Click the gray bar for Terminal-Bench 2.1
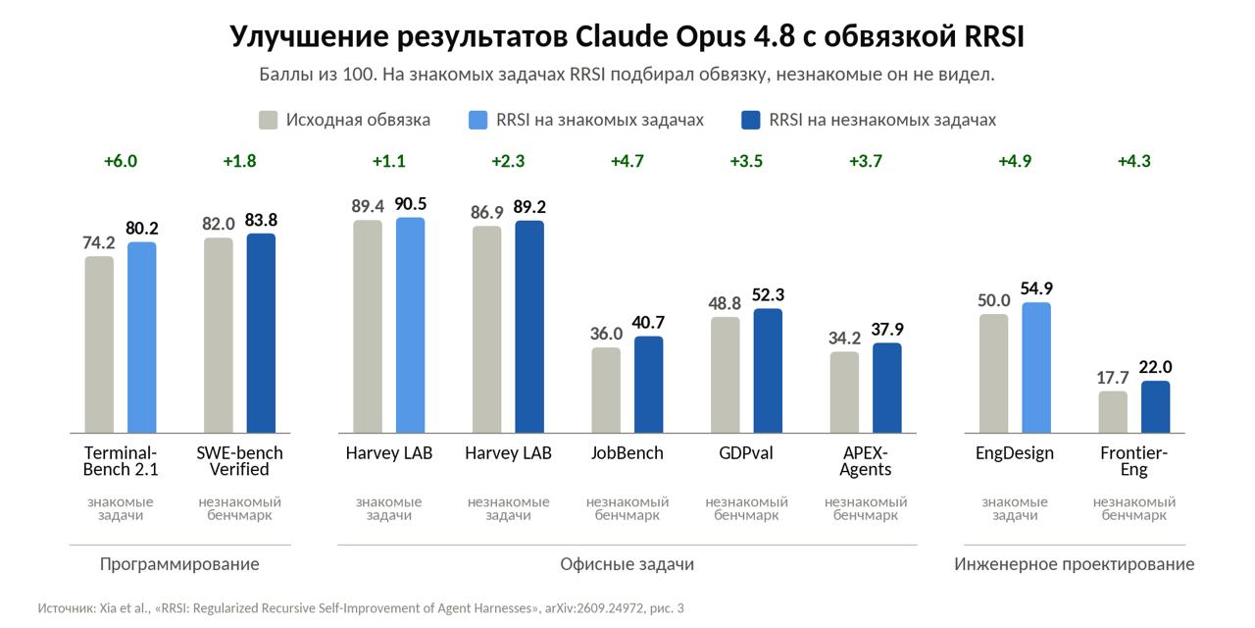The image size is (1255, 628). point(99,344)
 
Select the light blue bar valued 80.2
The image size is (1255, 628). point(142,338)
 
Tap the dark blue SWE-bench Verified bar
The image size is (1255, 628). point(261,333)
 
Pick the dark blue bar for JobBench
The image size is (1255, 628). point(649,385)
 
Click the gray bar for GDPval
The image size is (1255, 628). point(726,375)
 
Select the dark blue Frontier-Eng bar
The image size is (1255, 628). point(1156,407)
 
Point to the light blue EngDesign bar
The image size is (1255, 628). point(1036,368)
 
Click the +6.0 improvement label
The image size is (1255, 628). point(121,162)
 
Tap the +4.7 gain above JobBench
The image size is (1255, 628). point(627,162)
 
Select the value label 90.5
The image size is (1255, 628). point(411,204)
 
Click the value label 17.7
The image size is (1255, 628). point(1113,378)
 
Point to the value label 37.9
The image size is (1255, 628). point(887,329)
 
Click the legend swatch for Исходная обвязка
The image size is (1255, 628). point(269,120)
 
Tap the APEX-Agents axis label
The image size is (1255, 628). point(866,461)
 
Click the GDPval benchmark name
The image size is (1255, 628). point(746,453)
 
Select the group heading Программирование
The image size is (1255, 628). point(179,564)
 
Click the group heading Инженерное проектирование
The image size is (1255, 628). point(1075,564)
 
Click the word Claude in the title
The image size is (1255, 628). point(622,37)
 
